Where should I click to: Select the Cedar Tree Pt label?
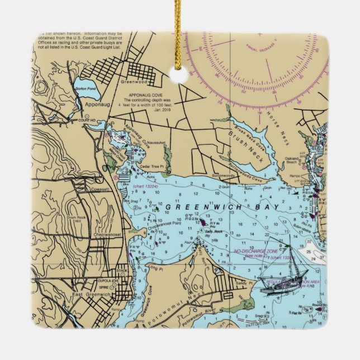click(x=150, y=166)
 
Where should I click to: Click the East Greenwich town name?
click(x=89, y=294)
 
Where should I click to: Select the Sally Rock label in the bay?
click(x=215, y=231)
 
